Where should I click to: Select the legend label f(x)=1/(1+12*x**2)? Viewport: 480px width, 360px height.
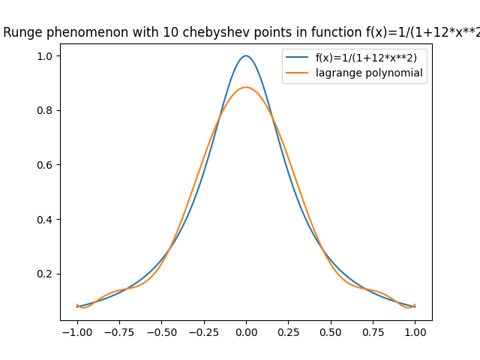[366, 58]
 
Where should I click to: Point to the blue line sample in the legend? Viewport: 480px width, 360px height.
[298, 58]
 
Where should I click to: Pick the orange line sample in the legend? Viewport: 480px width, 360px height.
[298, 73]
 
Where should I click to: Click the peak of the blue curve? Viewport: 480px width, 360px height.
[246, 55]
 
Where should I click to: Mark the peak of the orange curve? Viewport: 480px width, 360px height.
[246, 87]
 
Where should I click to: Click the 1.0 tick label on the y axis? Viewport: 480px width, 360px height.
[45, 55]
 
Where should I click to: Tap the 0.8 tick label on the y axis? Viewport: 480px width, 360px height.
[45, 110]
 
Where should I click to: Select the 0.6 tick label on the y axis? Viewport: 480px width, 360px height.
[45, 165]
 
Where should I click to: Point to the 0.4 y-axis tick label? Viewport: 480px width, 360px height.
[45, 219]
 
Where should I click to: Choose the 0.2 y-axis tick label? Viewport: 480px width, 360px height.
[45, 274]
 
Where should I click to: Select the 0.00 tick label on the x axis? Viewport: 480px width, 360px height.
[246, 331]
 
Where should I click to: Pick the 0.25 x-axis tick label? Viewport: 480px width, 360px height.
[288, 331]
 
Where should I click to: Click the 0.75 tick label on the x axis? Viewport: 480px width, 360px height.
[373, 331]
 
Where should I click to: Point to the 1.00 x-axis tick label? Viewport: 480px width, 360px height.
[415, 331]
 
